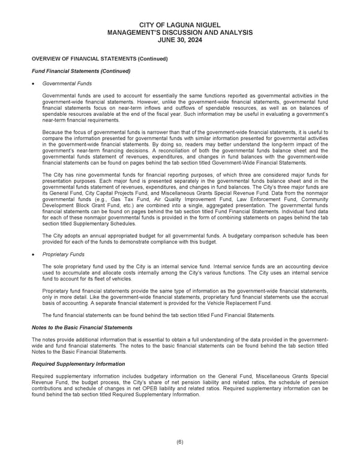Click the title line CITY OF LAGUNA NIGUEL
coord(179,24)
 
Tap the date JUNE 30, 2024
coord(179,40)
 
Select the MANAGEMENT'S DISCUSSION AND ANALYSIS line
coord(179,32)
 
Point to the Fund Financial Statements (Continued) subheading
coord(80,71)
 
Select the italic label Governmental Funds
coord(67,83)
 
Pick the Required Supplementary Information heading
coord(78,364)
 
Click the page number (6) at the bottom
coord(179,442)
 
